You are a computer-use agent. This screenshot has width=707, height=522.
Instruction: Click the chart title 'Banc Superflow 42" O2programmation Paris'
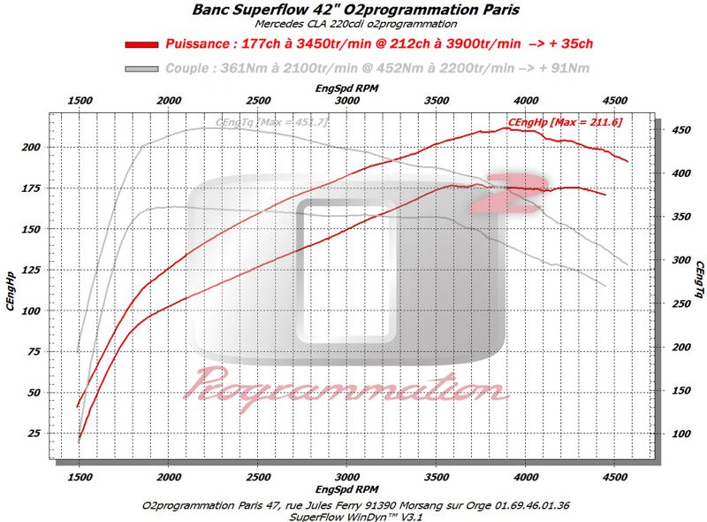point(354,10)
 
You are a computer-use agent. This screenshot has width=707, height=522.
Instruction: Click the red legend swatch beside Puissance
point(142,43)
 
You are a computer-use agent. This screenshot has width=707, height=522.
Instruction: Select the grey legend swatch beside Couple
point(142,68)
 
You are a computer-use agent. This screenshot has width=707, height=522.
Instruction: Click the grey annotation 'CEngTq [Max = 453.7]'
point(271,122)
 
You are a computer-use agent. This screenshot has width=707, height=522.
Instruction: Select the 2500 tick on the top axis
point(258,101)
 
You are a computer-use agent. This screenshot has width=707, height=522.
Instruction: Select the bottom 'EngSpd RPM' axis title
point(348,489)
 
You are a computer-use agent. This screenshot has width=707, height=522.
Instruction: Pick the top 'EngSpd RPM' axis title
point(348,89)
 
